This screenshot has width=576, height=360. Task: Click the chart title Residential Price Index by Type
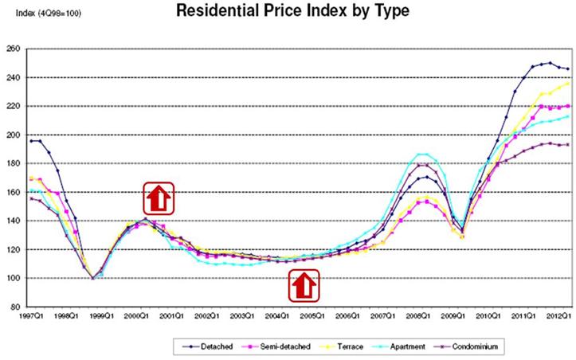(x=292, y=10)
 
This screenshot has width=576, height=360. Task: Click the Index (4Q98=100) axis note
(x=48, y=14)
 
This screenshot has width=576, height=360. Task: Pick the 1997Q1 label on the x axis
(x=33, y=316)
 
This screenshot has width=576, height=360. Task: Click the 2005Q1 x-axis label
(x=312, y=316)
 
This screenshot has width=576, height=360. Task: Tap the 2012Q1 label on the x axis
(x=560, y=316)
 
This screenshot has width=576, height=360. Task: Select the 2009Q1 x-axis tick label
(x=453, y=316)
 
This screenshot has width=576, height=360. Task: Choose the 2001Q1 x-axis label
(x=172, y=316)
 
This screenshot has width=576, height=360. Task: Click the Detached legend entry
(x=208, y=346)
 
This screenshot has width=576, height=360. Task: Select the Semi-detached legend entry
(x=276, y=346)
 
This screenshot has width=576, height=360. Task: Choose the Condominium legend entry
(x=466, y=346)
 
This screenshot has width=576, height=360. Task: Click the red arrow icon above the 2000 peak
(x=159, y=198)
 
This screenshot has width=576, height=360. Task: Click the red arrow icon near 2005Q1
(x=304, y=286)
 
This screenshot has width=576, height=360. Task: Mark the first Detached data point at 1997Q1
(x=31, y=141)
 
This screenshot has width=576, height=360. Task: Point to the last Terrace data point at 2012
(x=567, y=84)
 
